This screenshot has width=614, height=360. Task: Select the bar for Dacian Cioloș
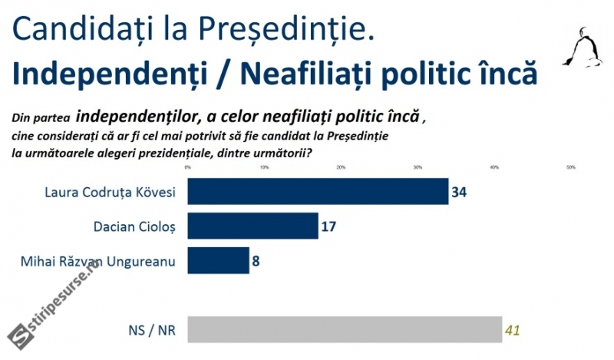253,226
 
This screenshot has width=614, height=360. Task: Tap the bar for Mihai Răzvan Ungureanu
218,260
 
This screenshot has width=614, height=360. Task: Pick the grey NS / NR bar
345,330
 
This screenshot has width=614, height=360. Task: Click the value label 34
460,191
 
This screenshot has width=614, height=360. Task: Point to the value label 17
329,226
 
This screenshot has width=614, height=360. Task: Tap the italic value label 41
513,331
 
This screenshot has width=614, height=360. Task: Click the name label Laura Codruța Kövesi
108,192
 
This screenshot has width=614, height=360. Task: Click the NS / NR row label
153,331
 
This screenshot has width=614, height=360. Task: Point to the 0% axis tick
188,167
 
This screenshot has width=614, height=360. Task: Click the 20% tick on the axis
341,167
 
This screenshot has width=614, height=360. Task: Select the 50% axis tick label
570,167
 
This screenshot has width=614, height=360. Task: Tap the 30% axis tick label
418,167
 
